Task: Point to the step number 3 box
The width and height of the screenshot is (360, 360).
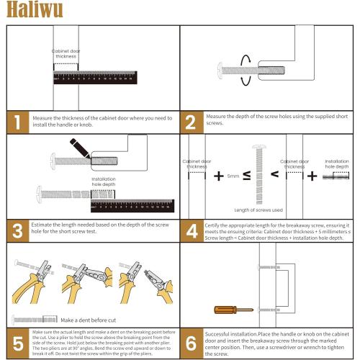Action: coord(19,230)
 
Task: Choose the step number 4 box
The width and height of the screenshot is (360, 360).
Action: coord(191,230)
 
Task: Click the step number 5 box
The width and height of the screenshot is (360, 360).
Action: coord(19,341)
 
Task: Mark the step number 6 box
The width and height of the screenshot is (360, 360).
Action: coord(191,341)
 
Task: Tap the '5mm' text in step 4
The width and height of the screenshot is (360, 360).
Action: coord(233,176)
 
